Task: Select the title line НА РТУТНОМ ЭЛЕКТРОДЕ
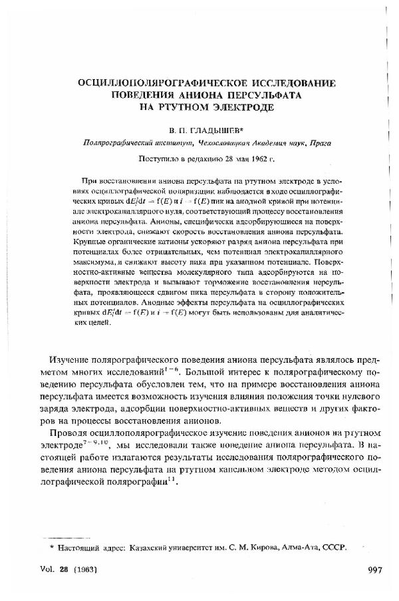(207, 106)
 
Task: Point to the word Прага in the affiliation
(319, 142)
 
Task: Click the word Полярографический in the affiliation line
(112, 142)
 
